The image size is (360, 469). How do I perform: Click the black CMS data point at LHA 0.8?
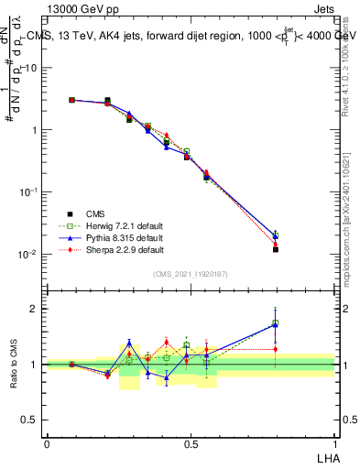(276, 249)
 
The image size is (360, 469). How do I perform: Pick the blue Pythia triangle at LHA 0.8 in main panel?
(276, 235)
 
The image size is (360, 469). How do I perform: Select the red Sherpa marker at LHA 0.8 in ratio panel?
(276, 349)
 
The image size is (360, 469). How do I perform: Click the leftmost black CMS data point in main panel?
(71, 100)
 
